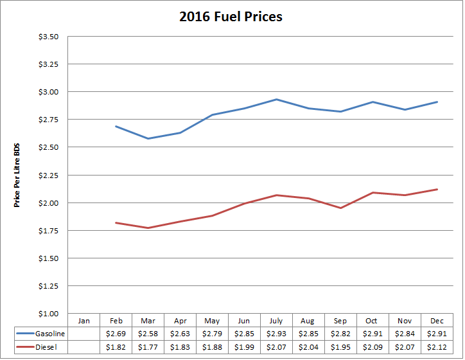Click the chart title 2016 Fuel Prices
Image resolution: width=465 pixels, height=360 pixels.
tap(231, 17)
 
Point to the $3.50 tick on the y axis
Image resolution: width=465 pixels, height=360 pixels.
tap(49, 37)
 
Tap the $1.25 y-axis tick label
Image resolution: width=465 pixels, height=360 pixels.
tap(49, 286)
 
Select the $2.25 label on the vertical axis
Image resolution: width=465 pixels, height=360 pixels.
tap(49, 175)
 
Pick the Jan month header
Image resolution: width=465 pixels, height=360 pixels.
tap(83, 320)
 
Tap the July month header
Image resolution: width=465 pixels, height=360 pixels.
tap(276, 320)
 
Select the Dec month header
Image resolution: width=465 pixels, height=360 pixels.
tap(437, 320)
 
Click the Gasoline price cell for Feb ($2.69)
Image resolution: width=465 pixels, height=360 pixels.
tap(116, 333)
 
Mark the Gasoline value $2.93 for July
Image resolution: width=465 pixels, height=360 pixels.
tap(276, 333)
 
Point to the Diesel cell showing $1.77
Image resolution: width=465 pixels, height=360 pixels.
tap(148, 347)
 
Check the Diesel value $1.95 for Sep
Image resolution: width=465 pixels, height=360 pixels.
tap(341, 347)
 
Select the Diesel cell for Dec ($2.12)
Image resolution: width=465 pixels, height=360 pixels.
tap(437, 347)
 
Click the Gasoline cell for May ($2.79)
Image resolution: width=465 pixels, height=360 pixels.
tap(212, 333)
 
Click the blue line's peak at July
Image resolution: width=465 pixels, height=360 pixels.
tap(276, 99)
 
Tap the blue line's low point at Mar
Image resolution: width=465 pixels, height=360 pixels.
tap(148, 138)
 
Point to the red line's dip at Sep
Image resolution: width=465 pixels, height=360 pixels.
tap(341, 208)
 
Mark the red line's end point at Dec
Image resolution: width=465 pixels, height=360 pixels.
tap(437, 189)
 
